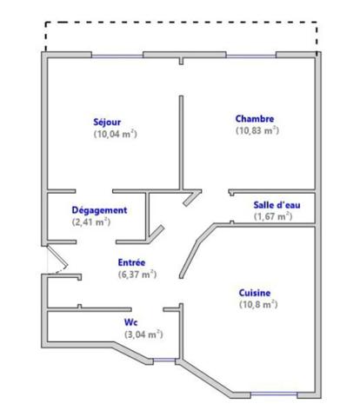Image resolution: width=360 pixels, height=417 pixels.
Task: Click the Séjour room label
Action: [107, 122]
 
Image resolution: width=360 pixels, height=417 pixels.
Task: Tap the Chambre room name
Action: [255, 119]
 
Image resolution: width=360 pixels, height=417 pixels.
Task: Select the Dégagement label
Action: [99, 210]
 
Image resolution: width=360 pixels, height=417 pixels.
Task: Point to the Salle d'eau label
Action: [277, 205]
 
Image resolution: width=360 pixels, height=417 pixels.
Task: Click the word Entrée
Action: [131, 262]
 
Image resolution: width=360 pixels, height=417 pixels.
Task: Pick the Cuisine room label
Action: [255, 293]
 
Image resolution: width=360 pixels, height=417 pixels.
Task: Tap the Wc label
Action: [131, 322]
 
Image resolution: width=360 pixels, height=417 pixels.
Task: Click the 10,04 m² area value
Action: [116, 134]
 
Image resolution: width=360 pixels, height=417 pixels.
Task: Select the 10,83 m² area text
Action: [257, 130]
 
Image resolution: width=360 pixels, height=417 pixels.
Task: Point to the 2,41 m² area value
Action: [91, 222]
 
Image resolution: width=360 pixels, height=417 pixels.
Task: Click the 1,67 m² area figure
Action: [273, 216]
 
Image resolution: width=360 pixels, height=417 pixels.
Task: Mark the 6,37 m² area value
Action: [137, 275]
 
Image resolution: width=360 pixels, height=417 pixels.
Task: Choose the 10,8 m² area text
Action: [258, 305]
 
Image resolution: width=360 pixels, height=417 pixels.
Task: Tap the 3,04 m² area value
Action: [143, 334]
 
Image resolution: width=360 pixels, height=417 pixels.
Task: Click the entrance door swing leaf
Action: [57, 257]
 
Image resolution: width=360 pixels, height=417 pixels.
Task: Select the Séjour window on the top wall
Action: [117, 56]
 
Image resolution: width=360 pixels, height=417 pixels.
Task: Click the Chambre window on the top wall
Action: [251, 56]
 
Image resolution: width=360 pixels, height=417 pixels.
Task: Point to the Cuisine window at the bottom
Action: [274, 394]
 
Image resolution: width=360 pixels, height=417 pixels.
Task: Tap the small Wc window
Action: [164, 361]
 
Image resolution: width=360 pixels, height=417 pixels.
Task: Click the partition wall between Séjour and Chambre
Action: [181, 142]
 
